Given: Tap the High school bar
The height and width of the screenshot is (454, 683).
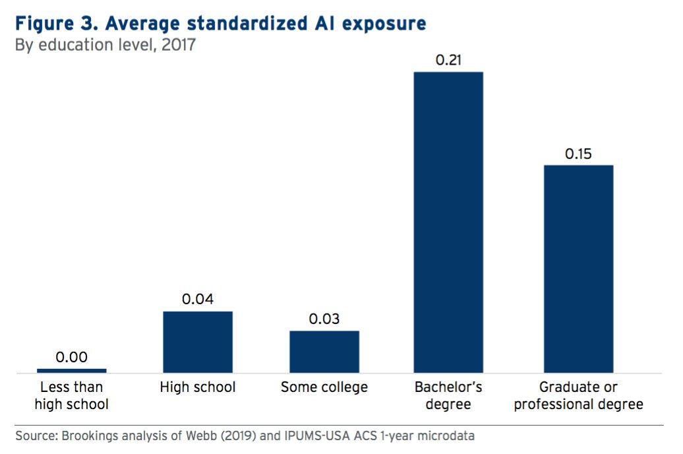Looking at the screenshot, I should click(198, 342).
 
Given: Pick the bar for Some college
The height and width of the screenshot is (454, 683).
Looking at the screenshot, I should click(324, 352).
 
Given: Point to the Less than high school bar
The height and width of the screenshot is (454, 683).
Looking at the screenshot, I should click(71, 371).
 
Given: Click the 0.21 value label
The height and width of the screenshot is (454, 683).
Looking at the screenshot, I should click(448, 60).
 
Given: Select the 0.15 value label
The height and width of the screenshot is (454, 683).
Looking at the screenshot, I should click(578, 154).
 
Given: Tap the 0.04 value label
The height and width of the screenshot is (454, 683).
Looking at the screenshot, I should click(198, 300).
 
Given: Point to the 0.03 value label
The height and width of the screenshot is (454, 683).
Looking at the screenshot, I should click(324, 319).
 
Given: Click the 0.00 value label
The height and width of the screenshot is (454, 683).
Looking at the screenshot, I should click(71, 357).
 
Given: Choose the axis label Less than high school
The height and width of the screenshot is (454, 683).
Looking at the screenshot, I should click(71, 395).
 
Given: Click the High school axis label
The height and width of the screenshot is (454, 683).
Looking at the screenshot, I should click(198, 387).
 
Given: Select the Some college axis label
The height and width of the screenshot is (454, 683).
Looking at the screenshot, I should click(324, 387).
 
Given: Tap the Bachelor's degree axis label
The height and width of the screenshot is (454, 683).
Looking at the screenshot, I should click(448, 395).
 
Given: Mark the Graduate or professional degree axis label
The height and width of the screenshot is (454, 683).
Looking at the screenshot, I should click(578, 395).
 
